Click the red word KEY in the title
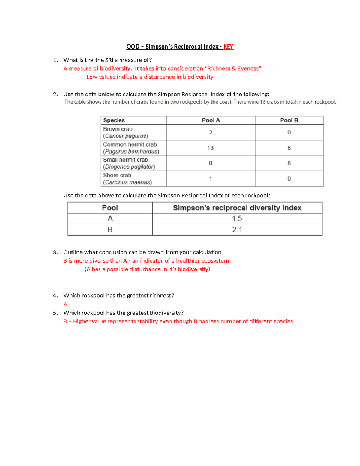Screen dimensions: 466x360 (x=228, y=47)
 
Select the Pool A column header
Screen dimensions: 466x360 (x=211, y=120)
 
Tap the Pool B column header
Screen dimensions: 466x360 (x=289, y=120)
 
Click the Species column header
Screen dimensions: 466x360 (x=114, y=120)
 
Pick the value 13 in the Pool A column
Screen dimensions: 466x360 (x=210, y=148)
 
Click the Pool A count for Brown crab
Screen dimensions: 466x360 (x=211, y=132)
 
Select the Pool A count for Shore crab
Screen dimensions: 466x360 (x=211, y=179)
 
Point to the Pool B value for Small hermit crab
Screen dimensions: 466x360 (x=289, y=163)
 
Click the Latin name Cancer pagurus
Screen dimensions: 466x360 (x=126, y=136)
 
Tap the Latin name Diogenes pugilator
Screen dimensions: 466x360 (x=129, y=167)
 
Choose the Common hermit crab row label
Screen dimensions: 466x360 (x=130, y=145)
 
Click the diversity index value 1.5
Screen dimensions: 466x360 (x=237, y=219)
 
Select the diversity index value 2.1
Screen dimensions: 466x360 (x=237, y=230)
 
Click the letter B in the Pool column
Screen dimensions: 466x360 (x=110, y=230)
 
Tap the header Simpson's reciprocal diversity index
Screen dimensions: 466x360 (x=237, y=208)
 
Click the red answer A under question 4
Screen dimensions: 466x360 (x=65, y=304)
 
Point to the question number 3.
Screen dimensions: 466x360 (x=55, y=252)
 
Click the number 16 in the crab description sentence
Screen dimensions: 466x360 (x=263, y=102)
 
